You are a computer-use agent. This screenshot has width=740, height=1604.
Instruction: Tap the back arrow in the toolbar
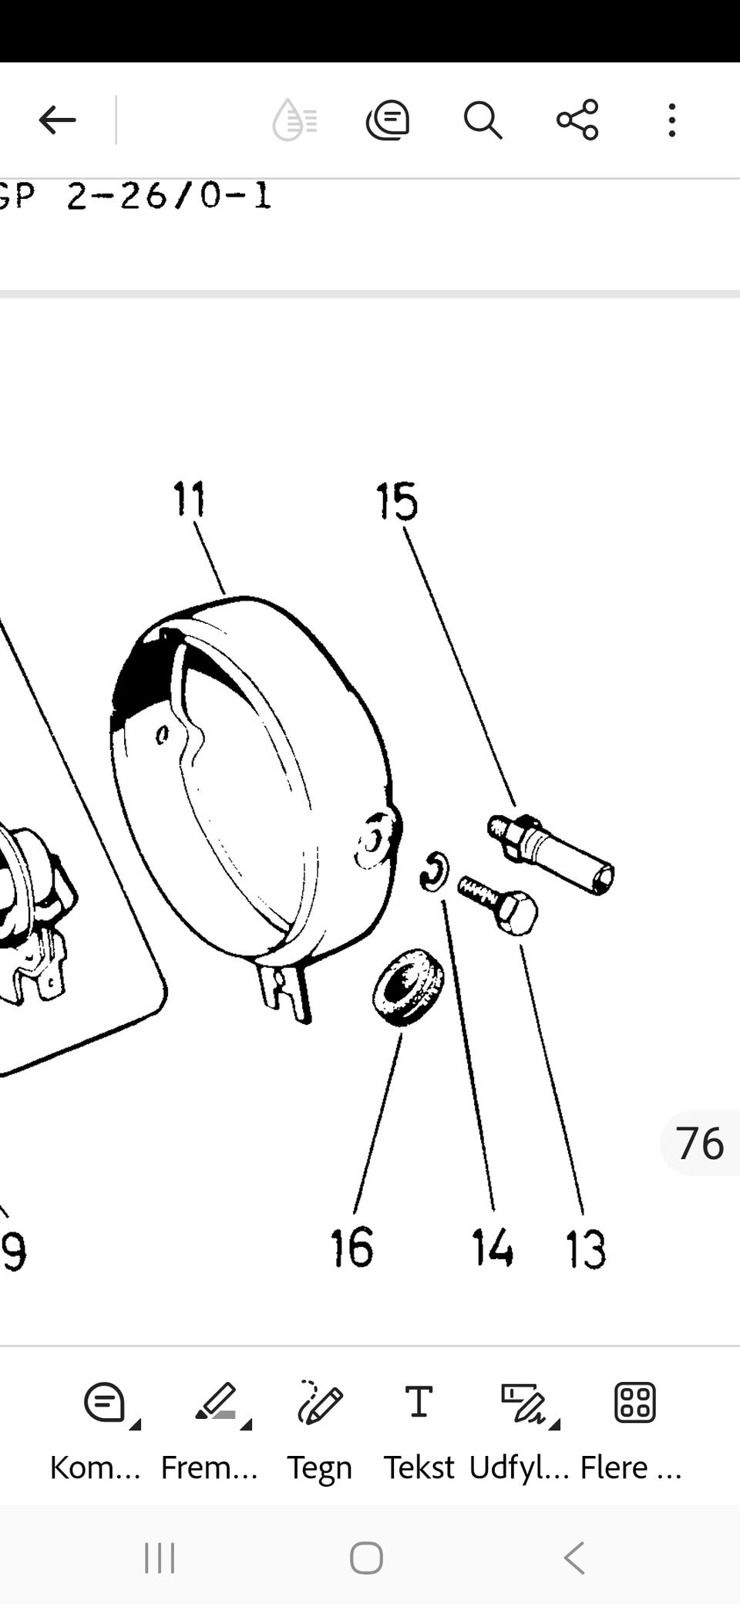(58, 120)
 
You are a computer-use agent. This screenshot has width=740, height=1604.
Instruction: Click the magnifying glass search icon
(483, 120)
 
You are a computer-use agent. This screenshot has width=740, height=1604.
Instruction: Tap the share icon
(577, 120)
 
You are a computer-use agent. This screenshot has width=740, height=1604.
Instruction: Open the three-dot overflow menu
(672, 120)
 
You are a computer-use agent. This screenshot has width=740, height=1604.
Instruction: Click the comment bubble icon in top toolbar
(387, 120)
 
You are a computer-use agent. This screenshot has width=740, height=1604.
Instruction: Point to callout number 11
(190, 499)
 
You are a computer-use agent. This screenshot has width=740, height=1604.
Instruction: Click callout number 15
(397, 501)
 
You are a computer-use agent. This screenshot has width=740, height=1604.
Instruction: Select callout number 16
(352, 1248)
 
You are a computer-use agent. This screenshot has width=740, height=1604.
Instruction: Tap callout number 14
(493, 1248)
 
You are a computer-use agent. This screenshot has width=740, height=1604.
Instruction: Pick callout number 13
(586, 1249)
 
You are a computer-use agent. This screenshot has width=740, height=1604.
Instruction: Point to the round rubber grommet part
(409, 988)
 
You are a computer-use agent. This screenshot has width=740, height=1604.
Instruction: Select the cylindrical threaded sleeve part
(550, 854)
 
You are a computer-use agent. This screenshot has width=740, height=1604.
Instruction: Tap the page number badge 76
(699, 1143)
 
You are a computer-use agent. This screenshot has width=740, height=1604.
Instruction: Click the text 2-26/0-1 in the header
(169, 196)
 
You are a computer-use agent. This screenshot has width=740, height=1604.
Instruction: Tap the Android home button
(366, 1558)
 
